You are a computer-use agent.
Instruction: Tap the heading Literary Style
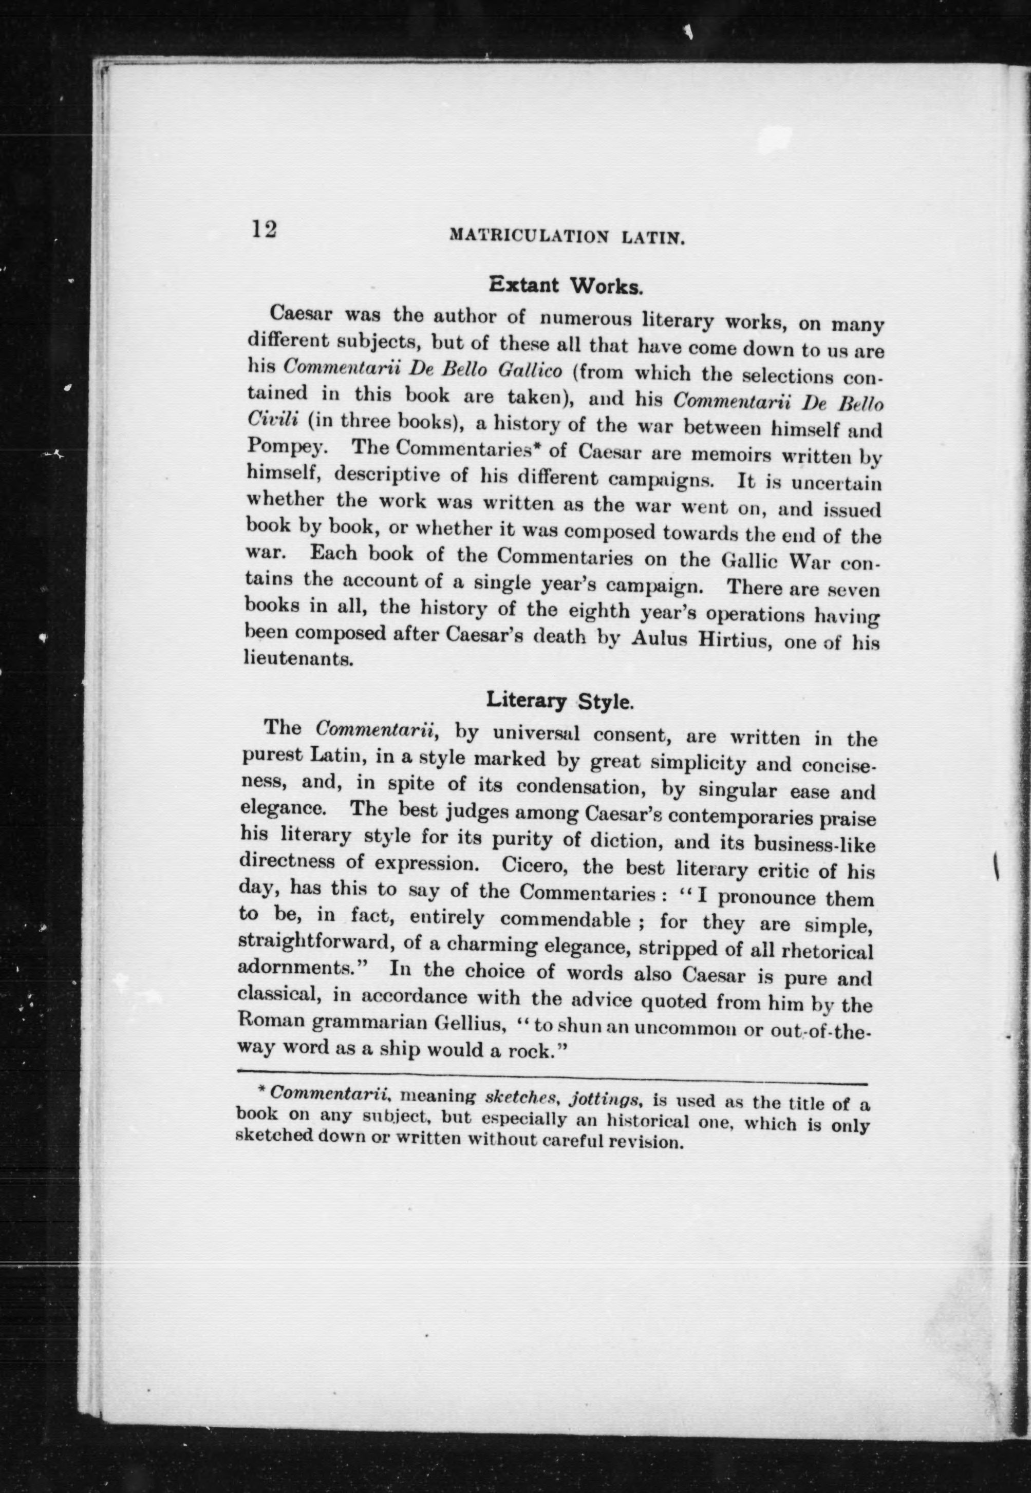(559, 700)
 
